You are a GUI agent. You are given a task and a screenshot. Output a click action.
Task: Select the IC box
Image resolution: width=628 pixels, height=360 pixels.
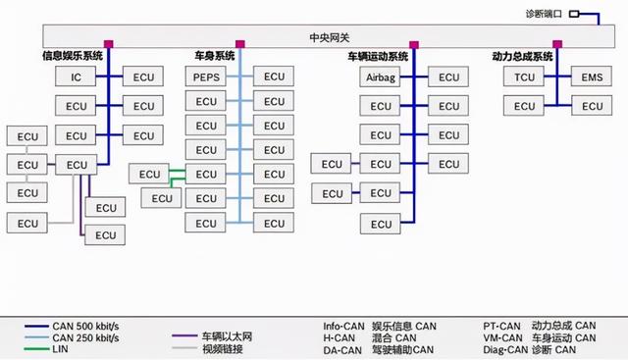pos(77,77)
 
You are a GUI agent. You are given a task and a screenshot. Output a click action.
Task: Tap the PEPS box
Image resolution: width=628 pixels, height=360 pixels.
pos(206,77)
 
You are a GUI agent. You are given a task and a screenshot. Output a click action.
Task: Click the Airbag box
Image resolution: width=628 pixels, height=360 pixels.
pos(382,77)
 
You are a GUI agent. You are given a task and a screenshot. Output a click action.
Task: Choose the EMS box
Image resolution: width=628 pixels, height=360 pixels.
pos(592,77)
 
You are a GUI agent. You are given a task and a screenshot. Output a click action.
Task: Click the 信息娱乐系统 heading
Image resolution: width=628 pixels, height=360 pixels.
pos(72,56)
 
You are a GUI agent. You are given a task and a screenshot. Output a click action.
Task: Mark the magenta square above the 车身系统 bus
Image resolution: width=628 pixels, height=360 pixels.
pos(239,44)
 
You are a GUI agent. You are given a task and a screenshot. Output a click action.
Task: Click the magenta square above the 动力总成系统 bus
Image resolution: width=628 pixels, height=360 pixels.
pos(557,44)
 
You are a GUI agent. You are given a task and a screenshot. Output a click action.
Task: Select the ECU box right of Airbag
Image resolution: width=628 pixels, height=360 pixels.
pos(448,77)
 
